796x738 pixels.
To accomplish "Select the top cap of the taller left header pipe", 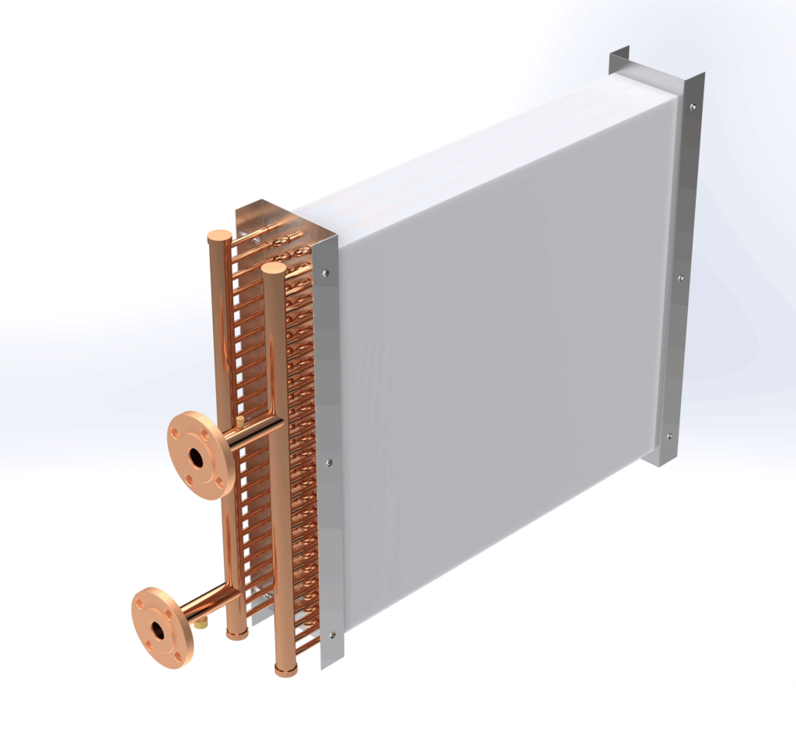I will [x=218, y=235].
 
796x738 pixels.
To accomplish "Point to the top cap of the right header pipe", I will [x=273, y=268].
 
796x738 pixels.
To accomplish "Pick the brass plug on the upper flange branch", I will [x=240, y=420].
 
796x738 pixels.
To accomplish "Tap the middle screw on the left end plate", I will [x=330, y=462].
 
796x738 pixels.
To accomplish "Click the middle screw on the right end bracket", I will [x=681, y=277].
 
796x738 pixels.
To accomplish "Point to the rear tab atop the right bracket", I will [x=619, y=62].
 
